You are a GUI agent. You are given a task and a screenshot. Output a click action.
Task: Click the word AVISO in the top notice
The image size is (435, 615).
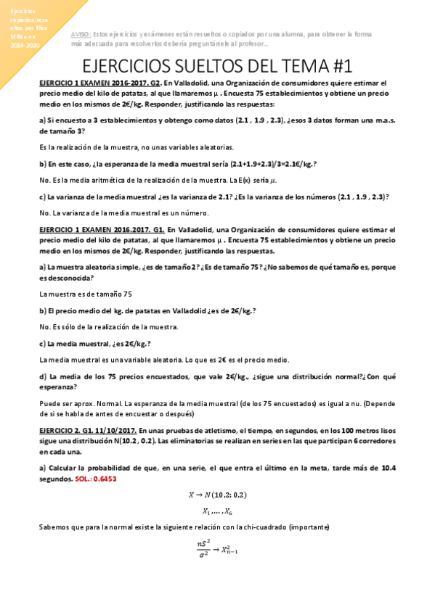tap(81, 34)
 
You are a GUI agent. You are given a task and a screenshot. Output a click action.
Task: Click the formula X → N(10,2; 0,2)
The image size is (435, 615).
tap(217, 495)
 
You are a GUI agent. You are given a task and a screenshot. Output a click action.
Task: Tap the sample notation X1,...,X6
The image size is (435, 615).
tap(217, 511)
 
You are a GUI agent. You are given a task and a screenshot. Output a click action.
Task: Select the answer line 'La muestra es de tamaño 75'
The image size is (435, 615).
tap(86, 294)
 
